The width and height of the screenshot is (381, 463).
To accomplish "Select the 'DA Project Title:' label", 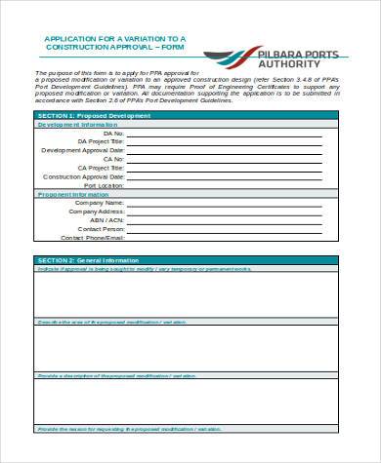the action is point(101,142).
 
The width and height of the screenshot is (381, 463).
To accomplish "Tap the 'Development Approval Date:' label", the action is point(83,151).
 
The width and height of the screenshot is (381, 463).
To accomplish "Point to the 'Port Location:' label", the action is point(104,184).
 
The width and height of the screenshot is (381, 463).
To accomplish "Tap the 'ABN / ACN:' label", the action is point(105,219).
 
